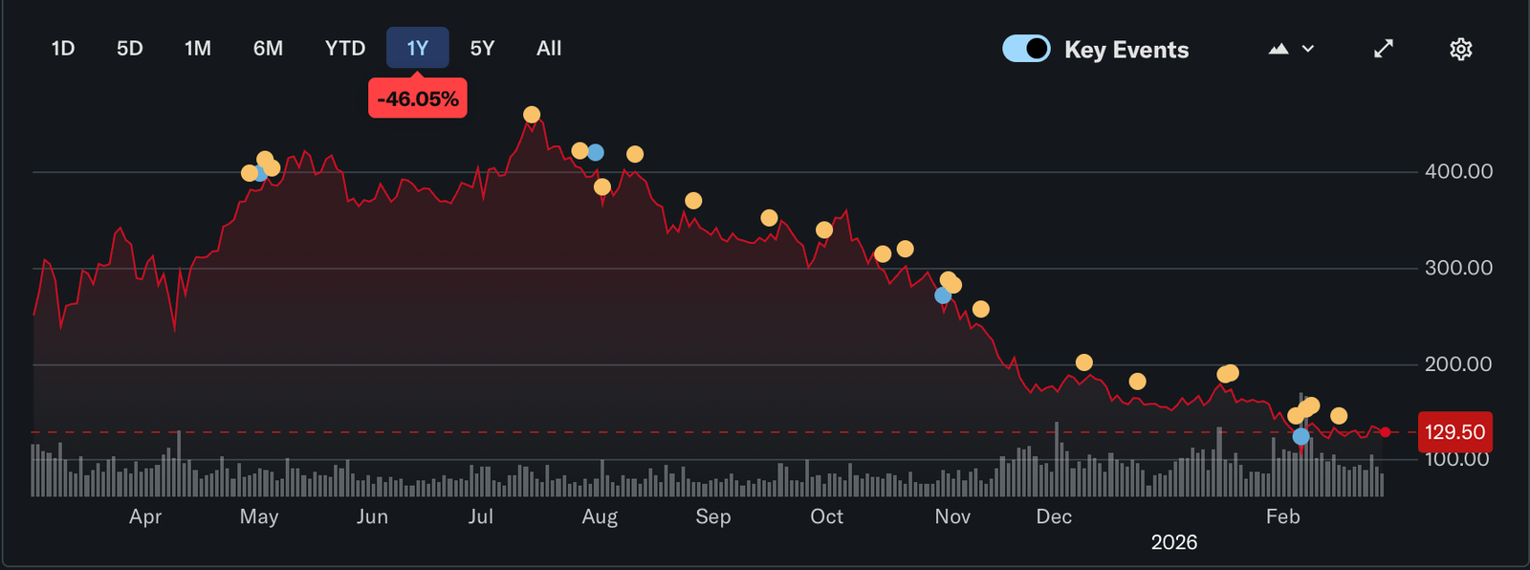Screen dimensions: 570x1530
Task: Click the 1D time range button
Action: (63, 49)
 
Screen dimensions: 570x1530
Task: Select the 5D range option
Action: (130, 49)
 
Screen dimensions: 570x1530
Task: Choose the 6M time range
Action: (268, 49)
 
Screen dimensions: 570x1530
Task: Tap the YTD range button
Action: (345, 49)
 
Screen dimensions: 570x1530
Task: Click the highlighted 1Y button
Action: (417, 49)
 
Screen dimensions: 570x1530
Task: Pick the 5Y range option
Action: (482, 49)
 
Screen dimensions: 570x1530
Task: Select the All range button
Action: (549, 49)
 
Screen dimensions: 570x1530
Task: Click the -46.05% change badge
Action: (418, 99)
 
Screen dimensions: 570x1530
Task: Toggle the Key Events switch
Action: (1026, 49)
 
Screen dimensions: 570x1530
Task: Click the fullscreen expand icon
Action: (1384, 49)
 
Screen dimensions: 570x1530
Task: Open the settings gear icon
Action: (1460, 49)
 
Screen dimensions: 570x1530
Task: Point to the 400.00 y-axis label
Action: (1458, 172)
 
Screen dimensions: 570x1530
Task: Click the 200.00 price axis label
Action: (1458, 364)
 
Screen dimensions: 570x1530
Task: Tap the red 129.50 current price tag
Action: (1454, 432)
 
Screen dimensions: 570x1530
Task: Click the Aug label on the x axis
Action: (600, 517)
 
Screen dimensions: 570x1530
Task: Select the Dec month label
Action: (1054, 517)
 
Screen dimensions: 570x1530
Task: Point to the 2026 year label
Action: (1174, 543)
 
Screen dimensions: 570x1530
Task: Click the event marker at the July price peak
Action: (532, 115)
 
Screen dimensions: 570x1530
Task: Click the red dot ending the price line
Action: (1385, 432)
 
